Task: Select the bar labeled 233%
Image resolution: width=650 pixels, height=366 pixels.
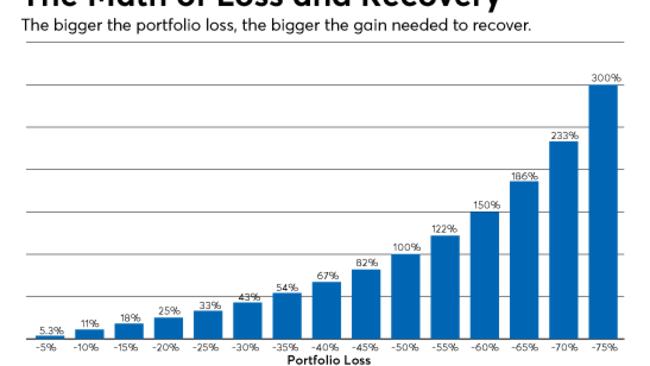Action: point(563,239)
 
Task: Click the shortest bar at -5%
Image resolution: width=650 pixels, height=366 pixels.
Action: point(50,337)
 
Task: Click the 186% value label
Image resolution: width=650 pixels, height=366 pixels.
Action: point(524,176)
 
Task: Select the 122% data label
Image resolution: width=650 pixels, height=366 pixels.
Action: point(445,229)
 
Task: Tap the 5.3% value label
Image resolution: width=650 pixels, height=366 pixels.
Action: point(50,330)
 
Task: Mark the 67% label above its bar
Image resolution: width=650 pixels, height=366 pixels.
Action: point(327,276)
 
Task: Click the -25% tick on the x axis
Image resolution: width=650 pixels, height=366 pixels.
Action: point(208,348)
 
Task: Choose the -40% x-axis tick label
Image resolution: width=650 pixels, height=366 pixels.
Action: point(327,348)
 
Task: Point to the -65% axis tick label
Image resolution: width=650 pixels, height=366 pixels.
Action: point(524,348)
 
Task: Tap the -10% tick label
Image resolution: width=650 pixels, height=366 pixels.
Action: point(89,348)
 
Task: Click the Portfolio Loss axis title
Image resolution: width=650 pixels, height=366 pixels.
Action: point(329,360)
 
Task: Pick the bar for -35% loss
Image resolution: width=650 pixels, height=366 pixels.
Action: point(287,315)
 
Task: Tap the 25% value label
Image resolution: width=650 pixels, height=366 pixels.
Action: point(169,311)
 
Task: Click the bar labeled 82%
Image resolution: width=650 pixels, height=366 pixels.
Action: point(366,303)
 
